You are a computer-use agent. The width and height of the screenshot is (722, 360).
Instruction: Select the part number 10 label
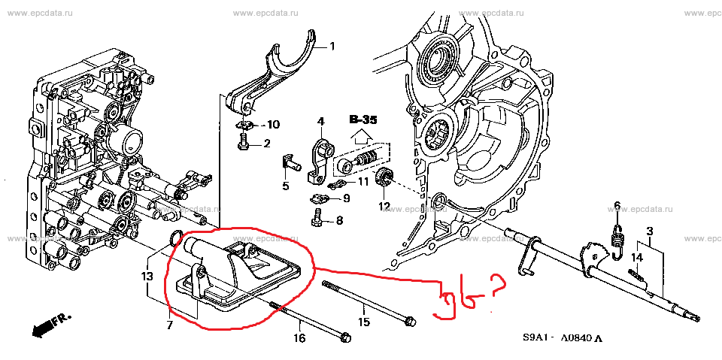273,124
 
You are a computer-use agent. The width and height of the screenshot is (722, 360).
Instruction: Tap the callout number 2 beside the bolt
266,144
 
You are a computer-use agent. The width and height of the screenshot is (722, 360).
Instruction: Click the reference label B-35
363,119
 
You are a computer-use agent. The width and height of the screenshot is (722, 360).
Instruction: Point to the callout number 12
384,206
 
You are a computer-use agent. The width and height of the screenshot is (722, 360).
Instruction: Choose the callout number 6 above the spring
617,206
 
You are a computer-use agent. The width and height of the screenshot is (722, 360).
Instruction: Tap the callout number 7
169,325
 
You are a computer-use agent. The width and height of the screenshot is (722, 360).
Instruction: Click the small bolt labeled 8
318,219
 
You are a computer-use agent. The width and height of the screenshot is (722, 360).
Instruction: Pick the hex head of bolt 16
345,336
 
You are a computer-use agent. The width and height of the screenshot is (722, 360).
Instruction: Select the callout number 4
320,121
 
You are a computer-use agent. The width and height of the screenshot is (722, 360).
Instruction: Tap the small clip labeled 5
290,161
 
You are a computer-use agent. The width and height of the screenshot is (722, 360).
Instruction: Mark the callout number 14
636,258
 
